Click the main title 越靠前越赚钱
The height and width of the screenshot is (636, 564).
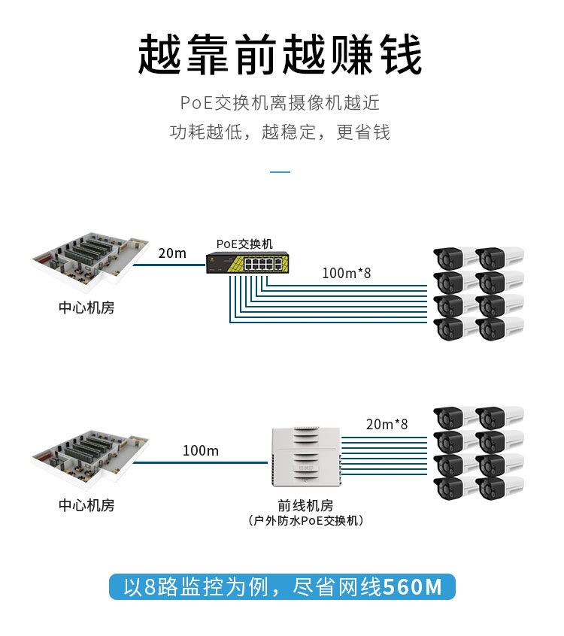[280, 56]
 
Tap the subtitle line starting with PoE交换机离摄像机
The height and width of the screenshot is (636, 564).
[280, 103]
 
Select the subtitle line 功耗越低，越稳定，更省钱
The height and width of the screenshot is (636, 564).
[280, 132]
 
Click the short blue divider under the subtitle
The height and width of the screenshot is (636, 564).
[280, 172]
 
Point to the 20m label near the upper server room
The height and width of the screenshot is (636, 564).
[172, 253]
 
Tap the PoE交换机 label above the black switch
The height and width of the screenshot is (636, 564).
[244, 244]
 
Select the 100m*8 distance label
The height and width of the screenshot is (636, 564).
[346, 273]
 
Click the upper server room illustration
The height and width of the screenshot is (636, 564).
[88, 259]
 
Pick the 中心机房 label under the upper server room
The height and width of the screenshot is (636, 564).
[86, 307]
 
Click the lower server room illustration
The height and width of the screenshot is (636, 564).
[88, 456]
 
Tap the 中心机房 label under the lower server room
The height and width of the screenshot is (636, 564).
[86, 505]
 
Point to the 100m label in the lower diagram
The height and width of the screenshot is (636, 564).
[200, 450]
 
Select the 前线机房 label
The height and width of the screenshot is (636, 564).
[305, 505]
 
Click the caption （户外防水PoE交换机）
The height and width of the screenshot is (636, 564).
[305, 520]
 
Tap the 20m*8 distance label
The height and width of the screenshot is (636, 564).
[387, 424]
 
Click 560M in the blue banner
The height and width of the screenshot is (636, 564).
[413, 586]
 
